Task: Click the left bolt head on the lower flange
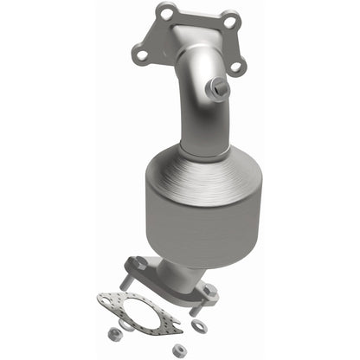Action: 133,260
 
